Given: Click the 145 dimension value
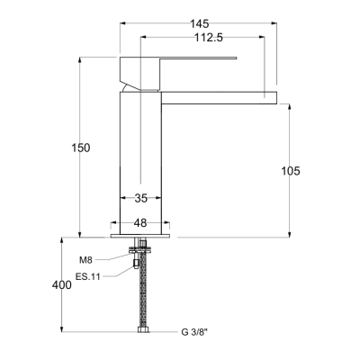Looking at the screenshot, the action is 199,23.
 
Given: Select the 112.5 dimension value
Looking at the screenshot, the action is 209,38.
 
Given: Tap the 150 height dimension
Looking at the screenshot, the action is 80,148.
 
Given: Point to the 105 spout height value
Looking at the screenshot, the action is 291,171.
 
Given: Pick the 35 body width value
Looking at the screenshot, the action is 140,198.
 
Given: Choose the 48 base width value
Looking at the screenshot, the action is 140,223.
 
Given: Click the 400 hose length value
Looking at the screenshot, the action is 62,284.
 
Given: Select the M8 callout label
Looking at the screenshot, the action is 85,260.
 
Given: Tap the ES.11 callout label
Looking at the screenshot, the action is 87,276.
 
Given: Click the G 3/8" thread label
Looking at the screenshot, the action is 194,332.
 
